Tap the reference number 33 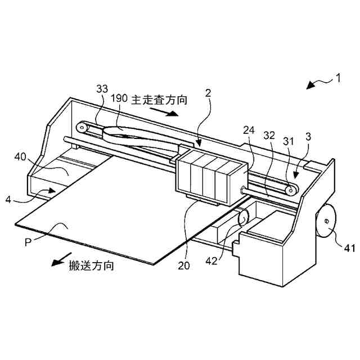point(102,89)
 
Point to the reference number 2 point(208,93)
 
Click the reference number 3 point(308,137)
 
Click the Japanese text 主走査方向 point(159,100)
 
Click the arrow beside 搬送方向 point(57,263)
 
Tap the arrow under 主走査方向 point(168,112)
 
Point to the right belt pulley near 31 point(291,190)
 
